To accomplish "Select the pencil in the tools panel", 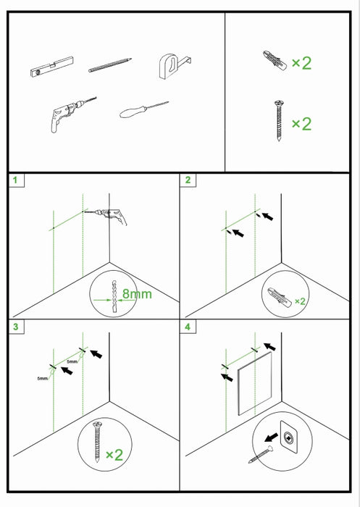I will (109, 66).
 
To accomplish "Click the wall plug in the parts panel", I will (270, 61).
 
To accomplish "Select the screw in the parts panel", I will (276, 123).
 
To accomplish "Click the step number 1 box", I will (16, 180).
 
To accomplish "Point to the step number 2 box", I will (188, 180).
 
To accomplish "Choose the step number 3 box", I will (16, 327).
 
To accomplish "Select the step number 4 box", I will (188, 327).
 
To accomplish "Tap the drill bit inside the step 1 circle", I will (112, 296).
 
